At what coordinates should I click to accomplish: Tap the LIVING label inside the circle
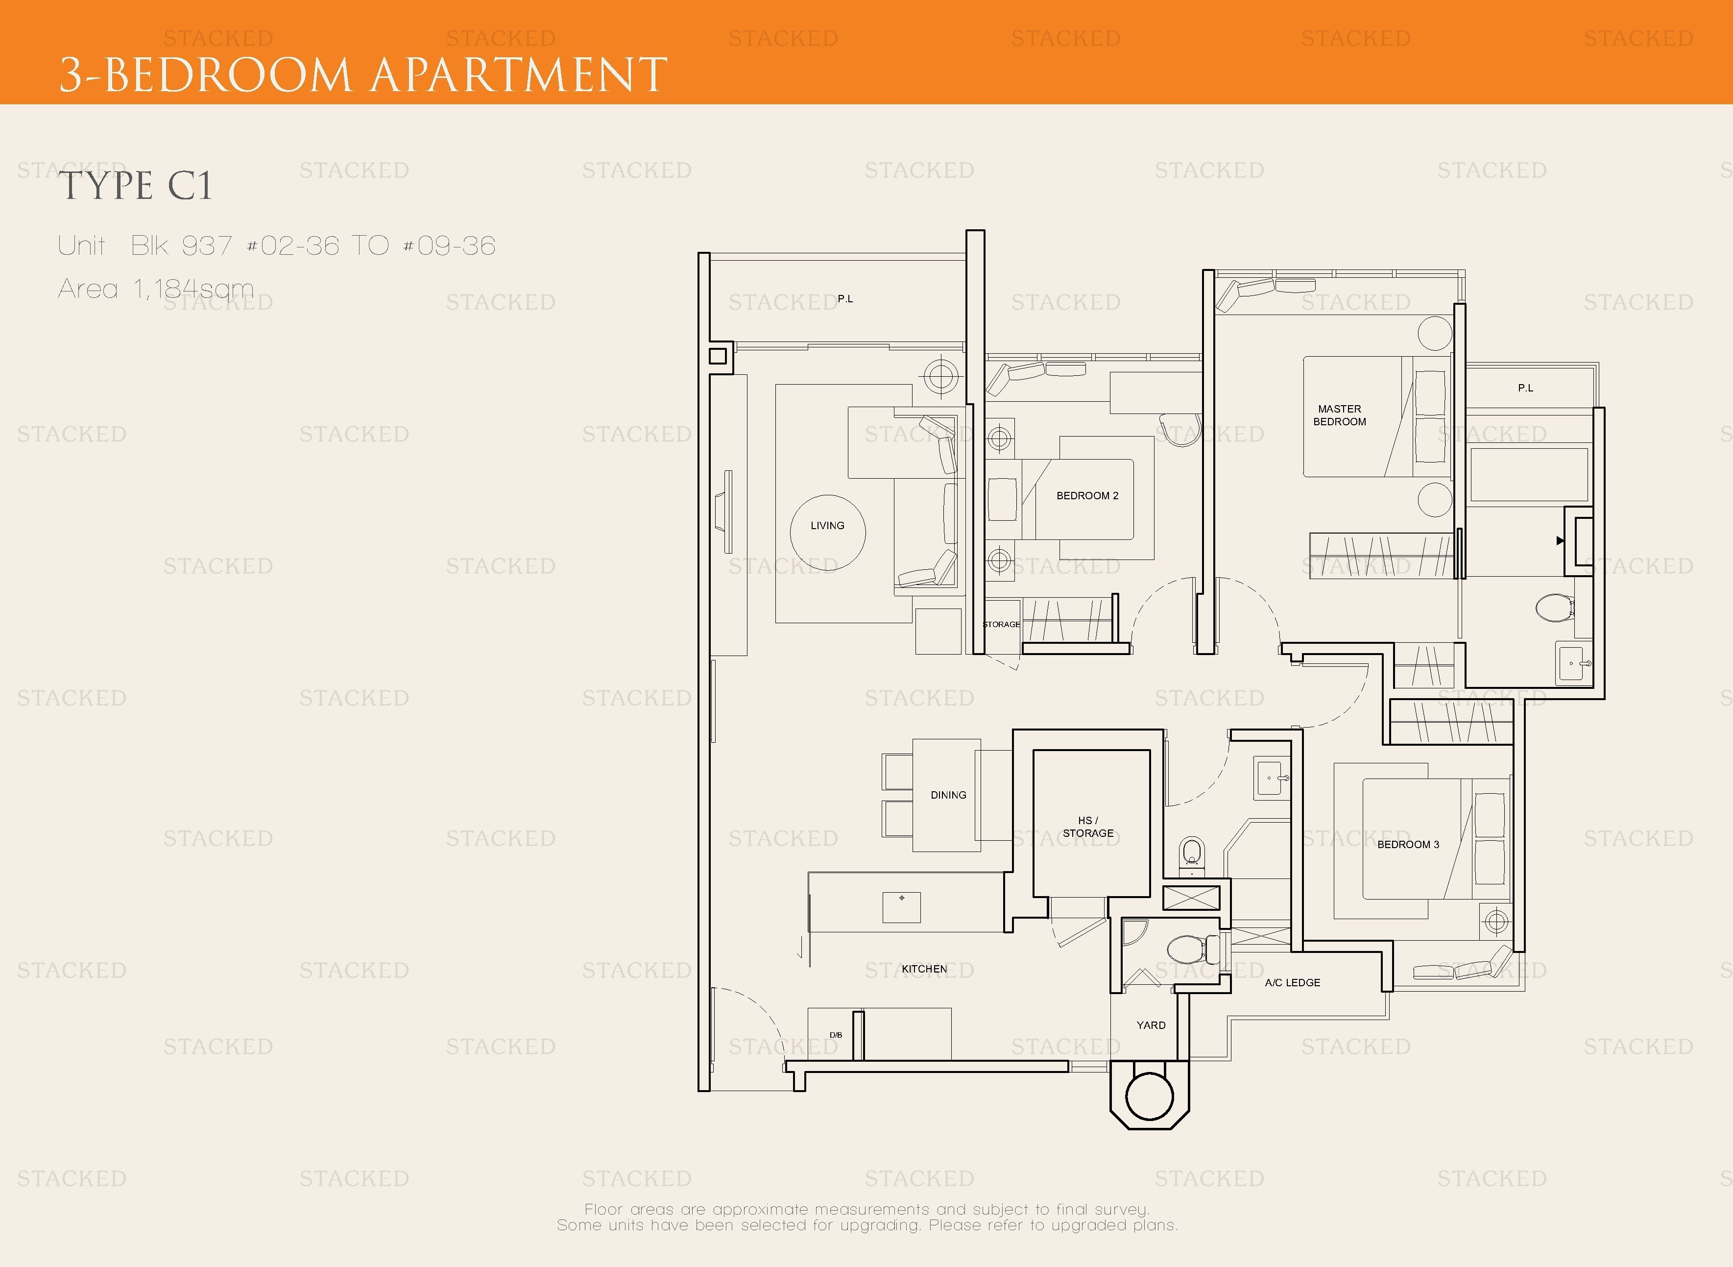pos(827,525)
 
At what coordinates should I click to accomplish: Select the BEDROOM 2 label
pos(1087,495)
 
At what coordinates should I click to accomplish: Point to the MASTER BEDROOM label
pos(1340,415)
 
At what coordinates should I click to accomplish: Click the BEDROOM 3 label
pos(1408,844)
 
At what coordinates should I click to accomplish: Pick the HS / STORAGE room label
pos(1088,827)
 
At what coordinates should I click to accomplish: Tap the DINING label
pos(949,795)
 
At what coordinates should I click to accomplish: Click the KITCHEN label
pos(924,969)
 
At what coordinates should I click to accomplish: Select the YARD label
pos(1151,1024)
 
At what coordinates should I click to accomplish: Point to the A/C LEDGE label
pos(1293,982)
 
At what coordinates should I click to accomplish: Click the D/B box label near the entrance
pos(836,1035)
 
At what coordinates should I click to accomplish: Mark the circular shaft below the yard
pos(1150,1096)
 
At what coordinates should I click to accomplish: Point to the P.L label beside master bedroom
pos(1525,388)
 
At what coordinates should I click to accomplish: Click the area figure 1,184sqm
pos(193,289)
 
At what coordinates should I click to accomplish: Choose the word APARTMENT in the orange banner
pos(519,75)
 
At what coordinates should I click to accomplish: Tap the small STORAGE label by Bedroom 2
pos(1002,624)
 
